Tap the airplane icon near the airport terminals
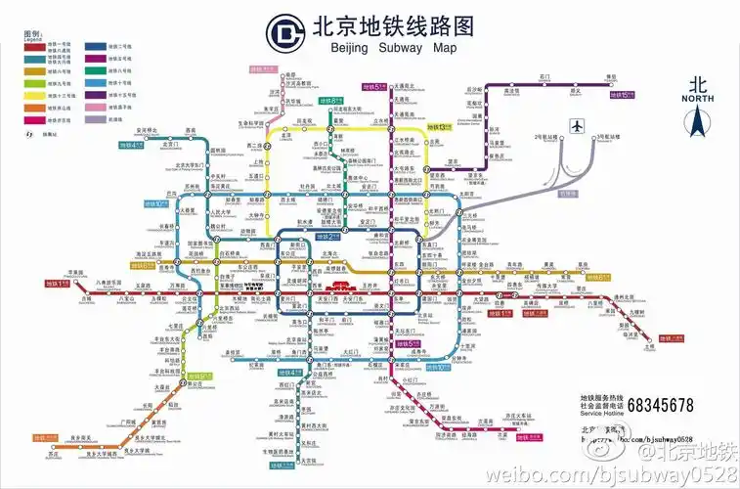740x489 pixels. pyautogui.click(x=577, y=126)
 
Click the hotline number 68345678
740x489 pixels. pyautogui.click(x=660, y=404)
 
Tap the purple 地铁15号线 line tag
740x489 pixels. pyautogui.click(x=623, y=94)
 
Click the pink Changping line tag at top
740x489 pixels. pyautogui.click(x=264, y=69)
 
